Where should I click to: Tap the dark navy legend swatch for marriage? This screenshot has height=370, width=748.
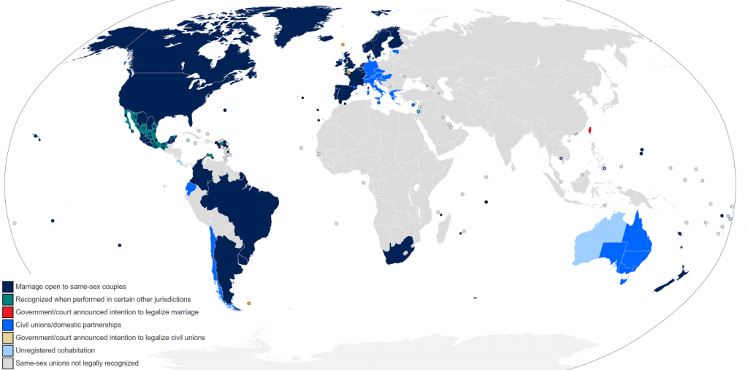7,286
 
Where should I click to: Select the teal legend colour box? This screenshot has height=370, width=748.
7,299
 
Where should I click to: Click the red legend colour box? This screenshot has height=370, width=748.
7,312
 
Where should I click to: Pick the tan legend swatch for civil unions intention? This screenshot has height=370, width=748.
7,337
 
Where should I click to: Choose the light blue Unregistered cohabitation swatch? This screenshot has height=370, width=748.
7,350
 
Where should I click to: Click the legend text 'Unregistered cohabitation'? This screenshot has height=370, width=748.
54,350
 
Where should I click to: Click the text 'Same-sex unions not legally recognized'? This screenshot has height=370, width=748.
77,363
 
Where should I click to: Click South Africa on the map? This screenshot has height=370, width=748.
398,251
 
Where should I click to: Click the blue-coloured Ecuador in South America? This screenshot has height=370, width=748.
191,188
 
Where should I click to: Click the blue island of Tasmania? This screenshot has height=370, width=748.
623,282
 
